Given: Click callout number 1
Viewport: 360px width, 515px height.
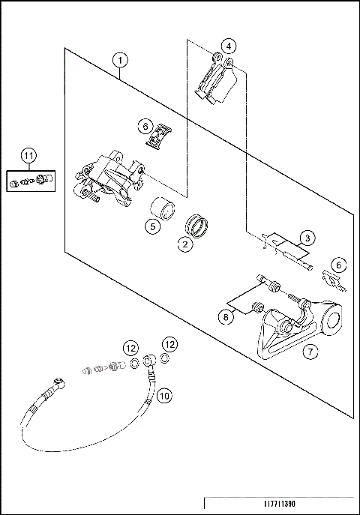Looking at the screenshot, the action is click(120, 60).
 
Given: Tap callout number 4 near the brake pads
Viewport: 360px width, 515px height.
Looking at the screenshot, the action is click(229, 46).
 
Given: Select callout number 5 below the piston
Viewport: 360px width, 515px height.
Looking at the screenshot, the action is click(153, 226).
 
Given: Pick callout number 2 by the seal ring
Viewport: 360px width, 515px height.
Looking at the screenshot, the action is click(185, 244).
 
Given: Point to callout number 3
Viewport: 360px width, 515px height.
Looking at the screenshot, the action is click(307, 238).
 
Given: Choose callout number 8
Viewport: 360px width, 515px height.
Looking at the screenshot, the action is click(226, 317).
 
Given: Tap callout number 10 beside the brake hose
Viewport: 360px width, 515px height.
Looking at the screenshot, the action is click(164, 396).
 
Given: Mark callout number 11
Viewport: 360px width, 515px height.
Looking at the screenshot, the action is click(29, 156).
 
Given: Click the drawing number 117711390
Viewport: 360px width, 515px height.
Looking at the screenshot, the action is click(280, 504).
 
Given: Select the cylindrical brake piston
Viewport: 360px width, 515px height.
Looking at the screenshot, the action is click(163, 208).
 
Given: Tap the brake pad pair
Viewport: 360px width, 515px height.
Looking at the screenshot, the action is click(217, 79).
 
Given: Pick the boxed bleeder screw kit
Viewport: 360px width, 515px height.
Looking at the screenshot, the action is click(31, 181).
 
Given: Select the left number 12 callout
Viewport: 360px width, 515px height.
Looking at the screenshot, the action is click(130, 348).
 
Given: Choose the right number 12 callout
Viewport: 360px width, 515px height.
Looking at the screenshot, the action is click(169, 344).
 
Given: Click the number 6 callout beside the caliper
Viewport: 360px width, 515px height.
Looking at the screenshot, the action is click(145, 126).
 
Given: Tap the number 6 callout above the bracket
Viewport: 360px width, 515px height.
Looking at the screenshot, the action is click(339, 265).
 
